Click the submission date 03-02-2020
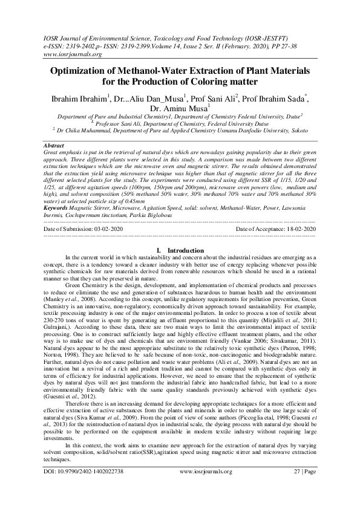tap(106, 230)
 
